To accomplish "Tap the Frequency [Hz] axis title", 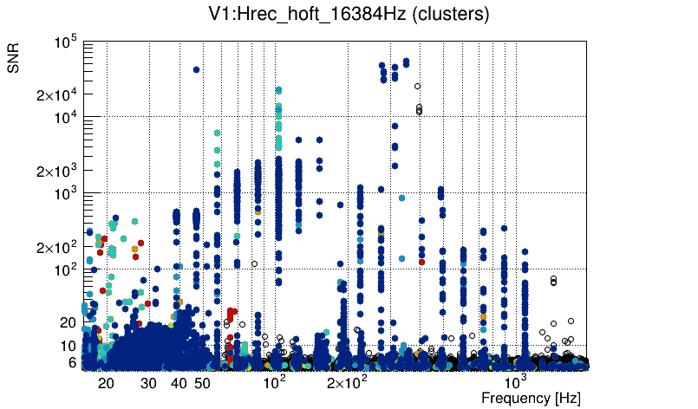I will (x=531, y=398).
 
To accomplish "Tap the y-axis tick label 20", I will (x=68, y=322).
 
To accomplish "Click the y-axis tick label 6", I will (x=73, y=362).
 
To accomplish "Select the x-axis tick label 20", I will (x=106, y=382).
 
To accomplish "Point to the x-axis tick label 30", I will (x=148, y=382).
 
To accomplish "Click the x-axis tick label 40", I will (x=179, y=382).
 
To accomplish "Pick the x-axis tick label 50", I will (x=201, y=382).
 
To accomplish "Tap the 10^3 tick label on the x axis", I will (x=516, y=381).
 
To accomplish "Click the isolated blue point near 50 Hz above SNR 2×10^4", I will (x=196, y=69).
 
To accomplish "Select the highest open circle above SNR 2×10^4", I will (x=417, y=86).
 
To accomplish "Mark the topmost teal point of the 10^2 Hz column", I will (x=278, y=90).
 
